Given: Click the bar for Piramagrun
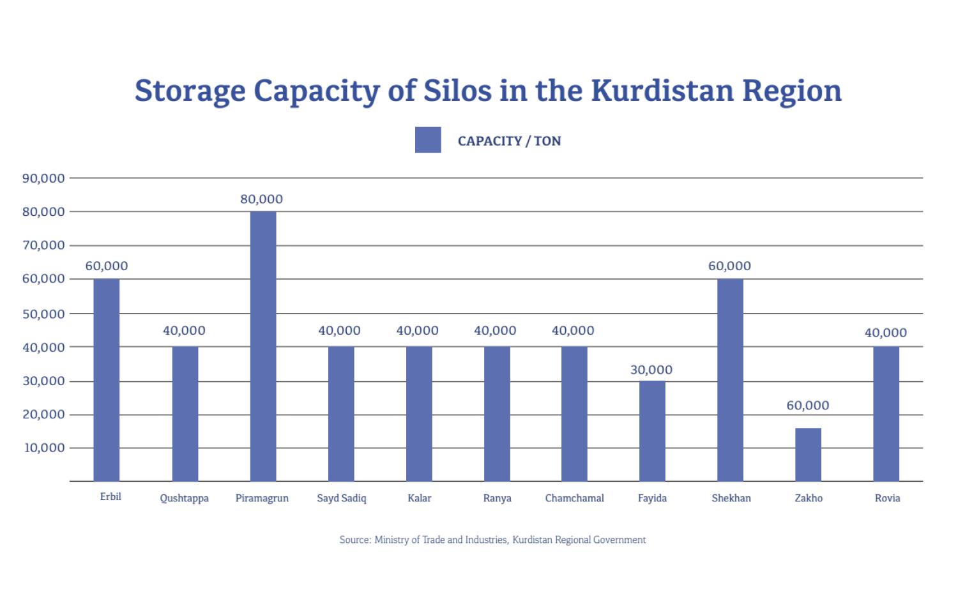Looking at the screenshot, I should [263, 346].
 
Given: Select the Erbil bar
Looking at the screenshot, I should [107, 379].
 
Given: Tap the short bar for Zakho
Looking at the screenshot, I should [808, 454].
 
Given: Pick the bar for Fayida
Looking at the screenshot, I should [652, 430].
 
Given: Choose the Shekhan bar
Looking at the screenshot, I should [730, 379].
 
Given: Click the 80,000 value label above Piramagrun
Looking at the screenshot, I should [261, 199].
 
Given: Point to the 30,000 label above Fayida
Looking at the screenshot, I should [651, 370].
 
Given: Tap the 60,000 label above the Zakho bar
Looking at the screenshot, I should [808, 406].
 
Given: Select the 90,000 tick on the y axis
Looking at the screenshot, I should [43, 178].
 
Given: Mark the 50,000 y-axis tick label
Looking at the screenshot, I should [43, 314].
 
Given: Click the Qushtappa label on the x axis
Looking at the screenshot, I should [184, 498].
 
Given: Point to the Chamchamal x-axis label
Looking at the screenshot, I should [574, 498].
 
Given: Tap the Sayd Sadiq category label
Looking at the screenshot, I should [342, 498].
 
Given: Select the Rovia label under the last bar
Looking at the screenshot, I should [887, 498].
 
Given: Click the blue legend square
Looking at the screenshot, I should [428, 140].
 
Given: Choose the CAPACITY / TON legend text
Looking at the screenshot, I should [509, 141].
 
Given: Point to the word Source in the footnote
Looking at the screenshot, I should [354, 540].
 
